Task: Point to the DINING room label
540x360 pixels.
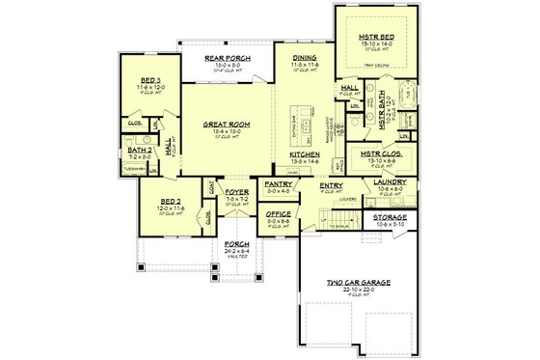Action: [x=305, y=57]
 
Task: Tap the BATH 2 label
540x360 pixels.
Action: [x=139, y=149]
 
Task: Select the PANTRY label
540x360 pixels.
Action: [x=277, y=181]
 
